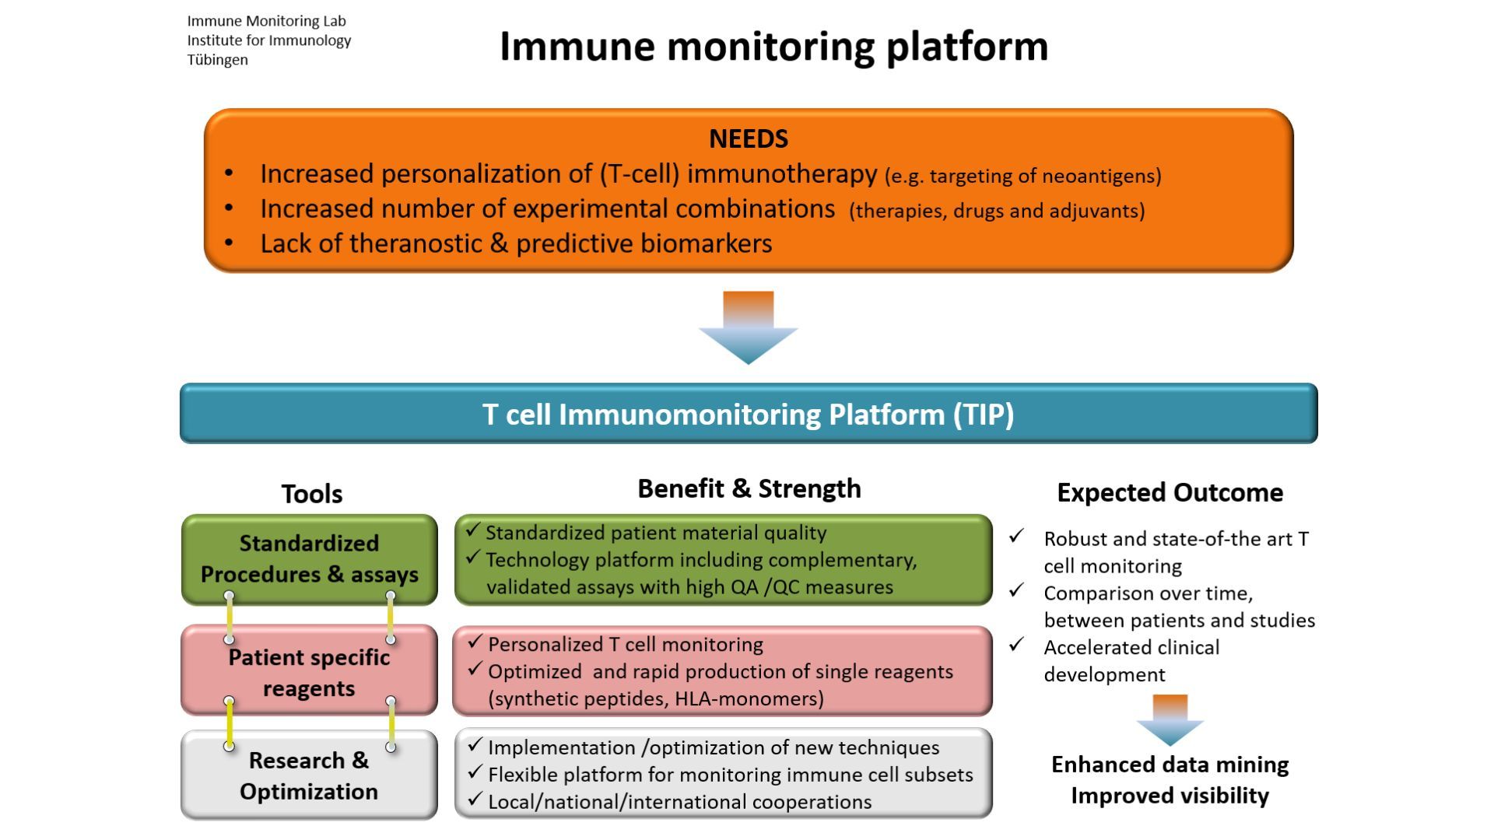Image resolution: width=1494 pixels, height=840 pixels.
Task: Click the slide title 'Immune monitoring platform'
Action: point(773,47)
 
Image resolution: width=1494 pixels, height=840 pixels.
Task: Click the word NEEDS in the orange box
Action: point(749,139)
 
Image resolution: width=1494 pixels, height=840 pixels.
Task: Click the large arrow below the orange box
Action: point(749,329)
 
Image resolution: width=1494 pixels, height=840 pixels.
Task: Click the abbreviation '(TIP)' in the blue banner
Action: point(984,415)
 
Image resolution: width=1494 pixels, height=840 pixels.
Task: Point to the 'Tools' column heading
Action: point(311,494)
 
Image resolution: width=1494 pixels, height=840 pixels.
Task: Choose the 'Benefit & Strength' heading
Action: point(749,489)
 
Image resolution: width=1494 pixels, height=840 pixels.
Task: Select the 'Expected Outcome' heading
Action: point(1170,493)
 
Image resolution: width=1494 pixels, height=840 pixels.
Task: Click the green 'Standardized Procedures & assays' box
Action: point(309,559)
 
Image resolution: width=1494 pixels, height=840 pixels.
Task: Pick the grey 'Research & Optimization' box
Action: point(309,775)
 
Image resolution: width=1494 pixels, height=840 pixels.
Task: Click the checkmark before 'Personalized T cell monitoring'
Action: point(475,643)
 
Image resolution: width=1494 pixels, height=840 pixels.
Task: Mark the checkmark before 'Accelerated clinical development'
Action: point(1016,645)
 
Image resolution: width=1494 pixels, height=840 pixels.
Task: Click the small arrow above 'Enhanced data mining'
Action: point(1170,719)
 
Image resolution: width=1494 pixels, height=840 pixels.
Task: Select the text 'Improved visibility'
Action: point(1170,796)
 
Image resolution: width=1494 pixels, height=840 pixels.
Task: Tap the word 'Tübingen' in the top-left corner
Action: point(217,61)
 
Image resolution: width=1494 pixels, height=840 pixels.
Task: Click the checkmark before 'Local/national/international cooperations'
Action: point(475,800)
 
